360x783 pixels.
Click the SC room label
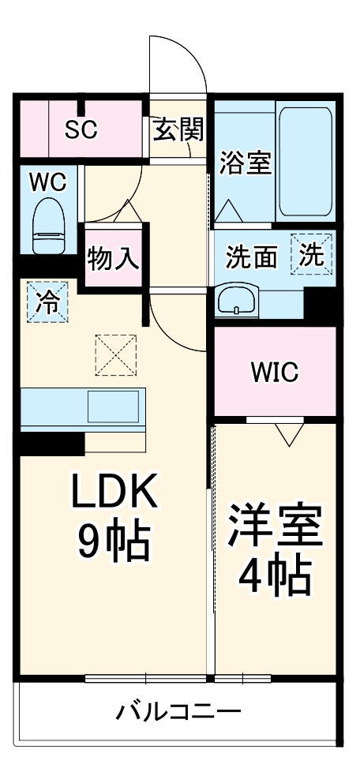[81, 129]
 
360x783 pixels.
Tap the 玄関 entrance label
[178, 129]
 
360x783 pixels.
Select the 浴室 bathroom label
[246, 164]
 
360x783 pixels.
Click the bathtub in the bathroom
[305, 162]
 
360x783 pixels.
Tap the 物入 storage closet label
[114, 258]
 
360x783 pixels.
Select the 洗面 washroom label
[252, 257]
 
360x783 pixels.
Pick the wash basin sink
[238, 301]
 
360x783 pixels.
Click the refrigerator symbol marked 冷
[48, 302]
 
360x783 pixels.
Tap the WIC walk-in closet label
[275, 372]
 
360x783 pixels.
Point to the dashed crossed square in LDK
[116, 355]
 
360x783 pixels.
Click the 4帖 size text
[276, 579]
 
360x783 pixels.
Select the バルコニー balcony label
[179, 713]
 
